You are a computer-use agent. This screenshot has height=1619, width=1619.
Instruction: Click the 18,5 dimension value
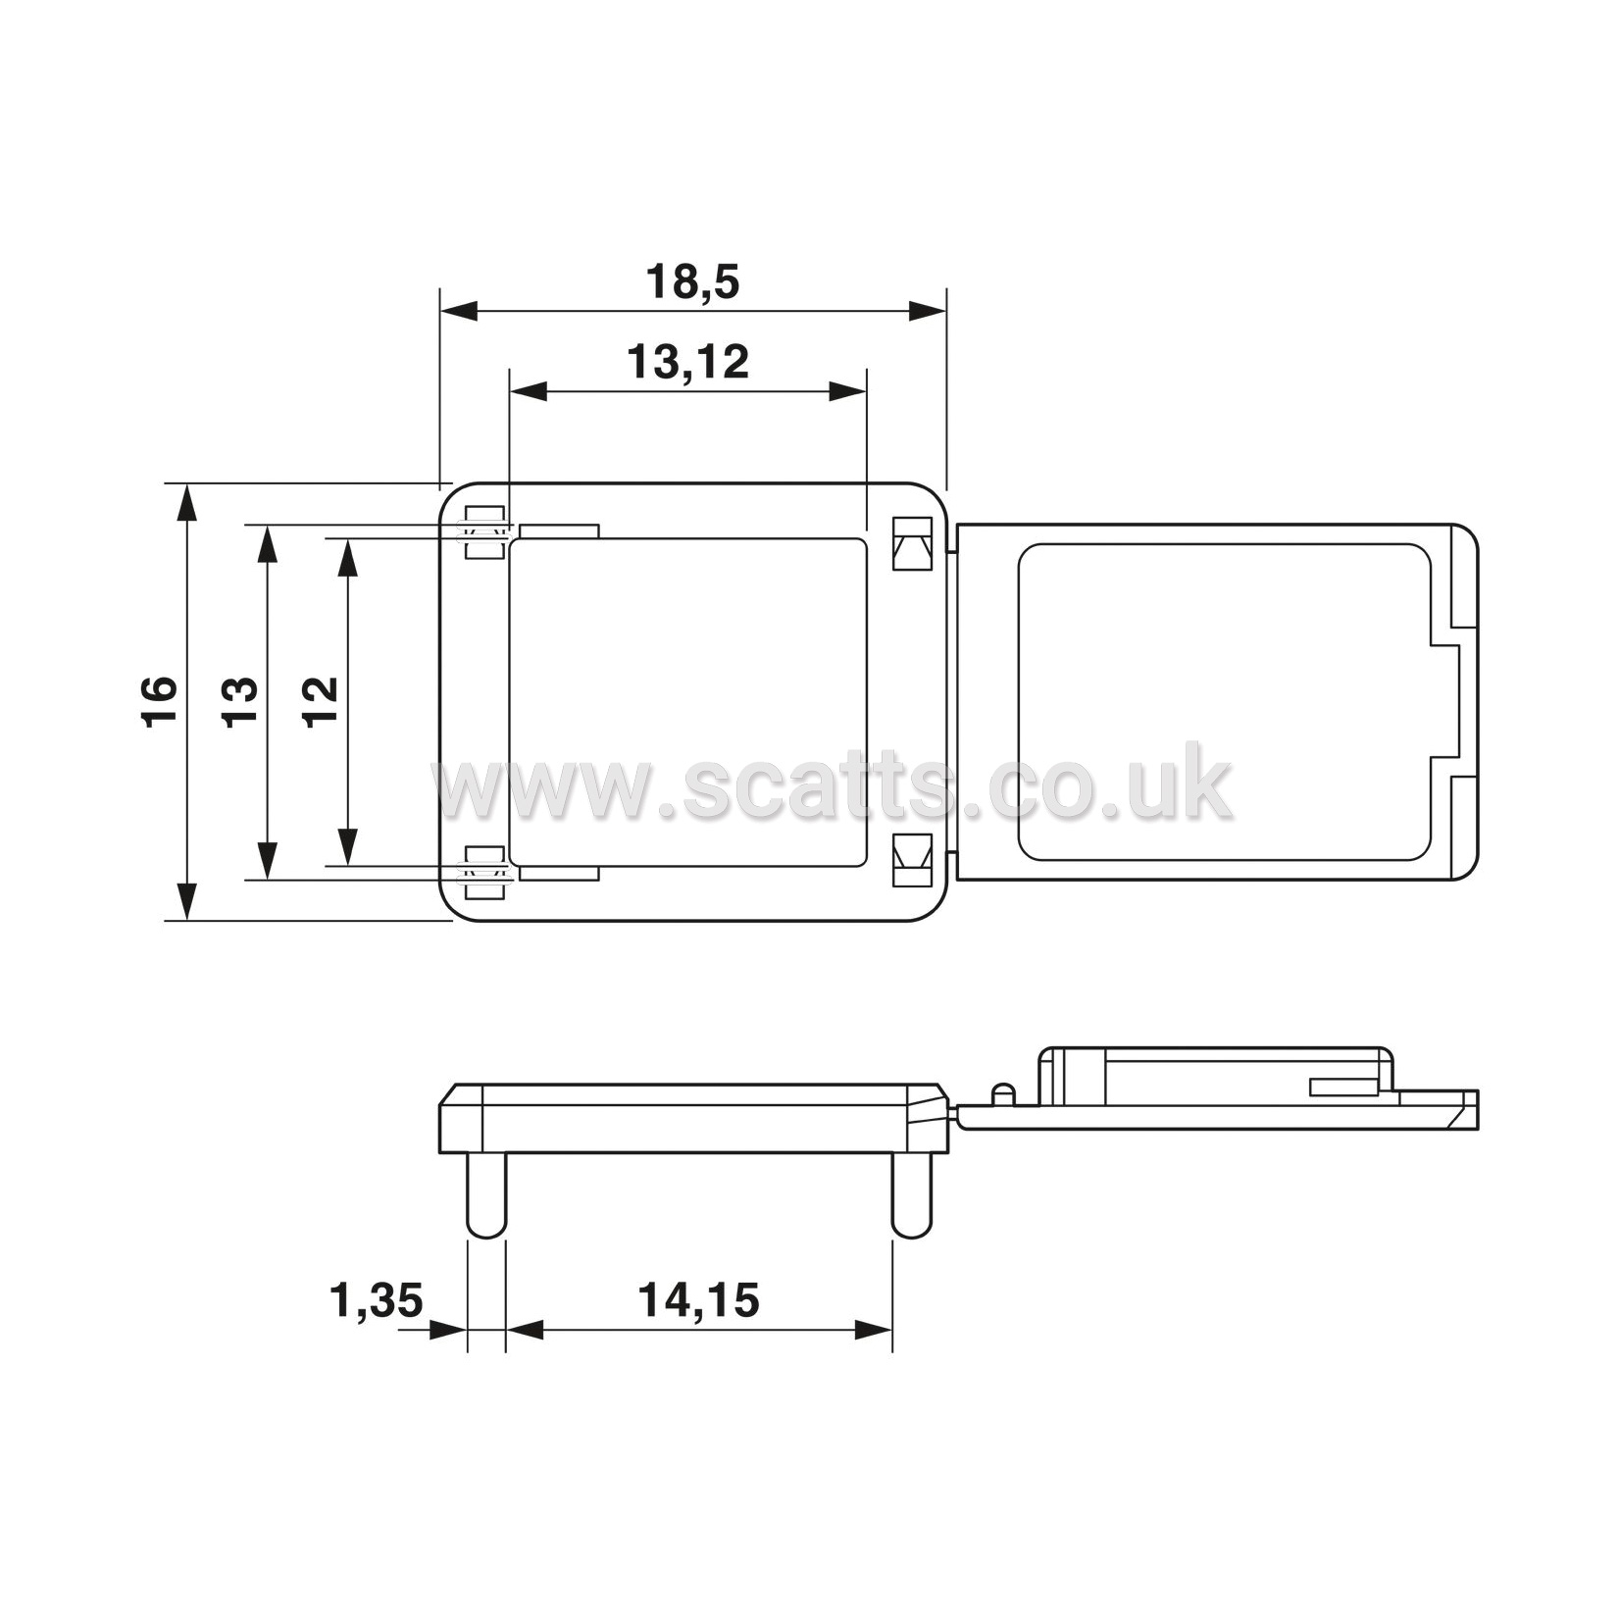(x=691, y=282)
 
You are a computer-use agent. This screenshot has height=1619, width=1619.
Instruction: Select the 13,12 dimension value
(x=688, y=362)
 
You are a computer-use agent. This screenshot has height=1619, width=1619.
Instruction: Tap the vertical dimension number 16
(x=160, y=701)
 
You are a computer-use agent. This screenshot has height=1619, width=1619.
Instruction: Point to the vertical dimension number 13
(x=240, y=701)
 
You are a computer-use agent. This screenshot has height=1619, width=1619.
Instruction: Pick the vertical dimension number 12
(x=321, y=701)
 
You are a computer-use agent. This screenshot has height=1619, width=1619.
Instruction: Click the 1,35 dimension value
(x=377, y=1301)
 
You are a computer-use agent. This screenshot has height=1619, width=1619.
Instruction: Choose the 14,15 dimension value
(x=698, y=1301)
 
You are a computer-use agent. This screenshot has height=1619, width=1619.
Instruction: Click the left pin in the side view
(x=486, y=1193)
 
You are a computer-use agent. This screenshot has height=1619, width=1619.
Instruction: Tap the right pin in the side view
(x=911, y=1193)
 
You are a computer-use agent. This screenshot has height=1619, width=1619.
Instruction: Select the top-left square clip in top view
(x=485, y=532)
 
